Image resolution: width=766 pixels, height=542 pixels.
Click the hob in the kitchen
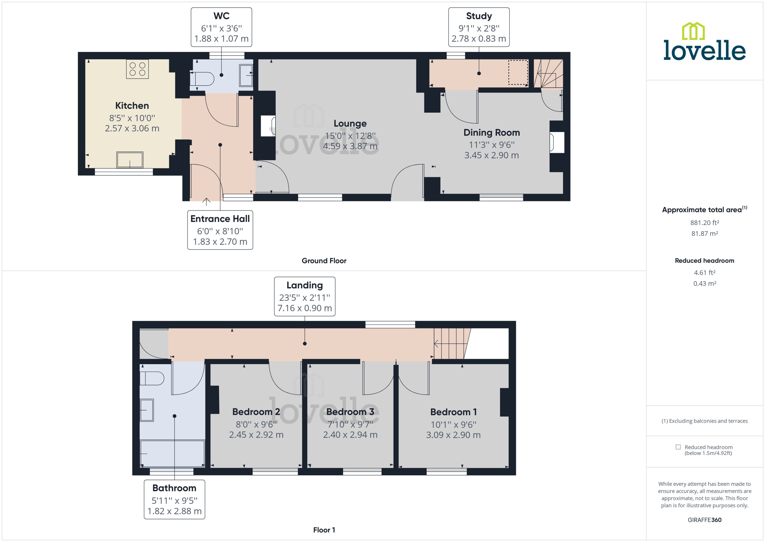137,69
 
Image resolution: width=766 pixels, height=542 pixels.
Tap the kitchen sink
130,160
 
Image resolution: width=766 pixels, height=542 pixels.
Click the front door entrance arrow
206,201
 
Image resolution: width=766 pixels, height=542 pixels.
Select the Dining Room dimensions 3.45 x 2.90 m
491,155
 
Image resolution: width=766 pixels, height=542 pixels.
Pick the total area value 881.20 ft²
704,223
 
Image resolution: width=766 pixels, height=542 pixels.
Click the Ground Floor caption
324,261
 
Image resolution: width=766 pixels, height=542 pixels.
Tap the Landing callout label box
304,296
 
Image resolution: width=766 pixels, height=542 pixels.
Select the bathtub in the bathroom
172,453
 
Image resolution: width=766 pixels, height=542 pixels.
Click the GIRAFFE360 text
704,520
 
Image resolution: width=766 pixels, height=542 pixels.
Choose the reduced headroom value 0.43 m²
704,283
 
